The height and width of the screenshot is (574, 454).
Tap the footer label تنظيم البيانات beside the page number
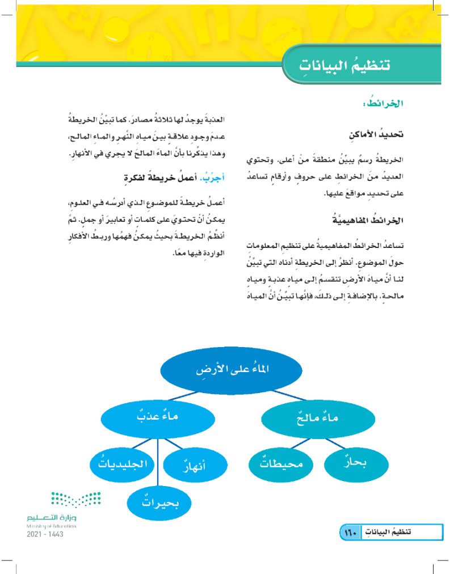388,532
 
